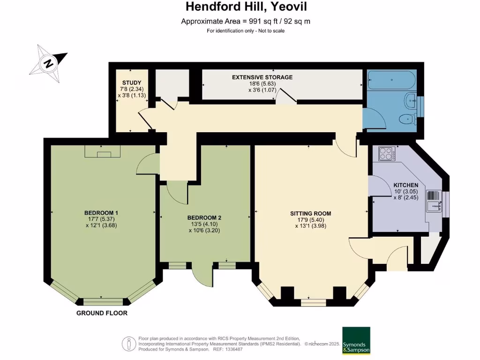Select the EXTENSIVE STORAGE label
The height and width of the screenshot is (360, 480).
coord(262,77)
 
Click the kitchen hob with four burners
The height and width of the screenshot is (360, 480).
coord(386,154)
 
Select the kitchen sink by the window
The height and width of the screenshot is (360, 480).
coord(434,200)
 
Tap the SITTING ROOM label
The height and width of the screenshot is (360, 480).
coord(307,214)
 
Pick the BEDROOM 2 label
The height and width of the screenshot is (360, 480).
coord(204,217)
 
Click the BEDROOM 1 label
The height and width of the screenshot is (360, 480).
coord(102,213)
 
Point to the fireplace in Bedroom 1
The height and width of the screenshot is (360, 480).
coord(103,151)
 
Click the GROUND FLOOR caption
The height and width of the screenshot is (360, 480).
coord(102,313)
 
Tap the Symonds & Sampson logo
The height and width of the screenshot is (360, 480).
coord(356,340)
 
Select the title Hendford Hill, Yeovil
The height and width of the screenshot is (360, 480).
coord(240,7)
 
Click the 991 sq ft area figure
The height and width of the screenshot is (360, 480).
coord(229,21)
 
